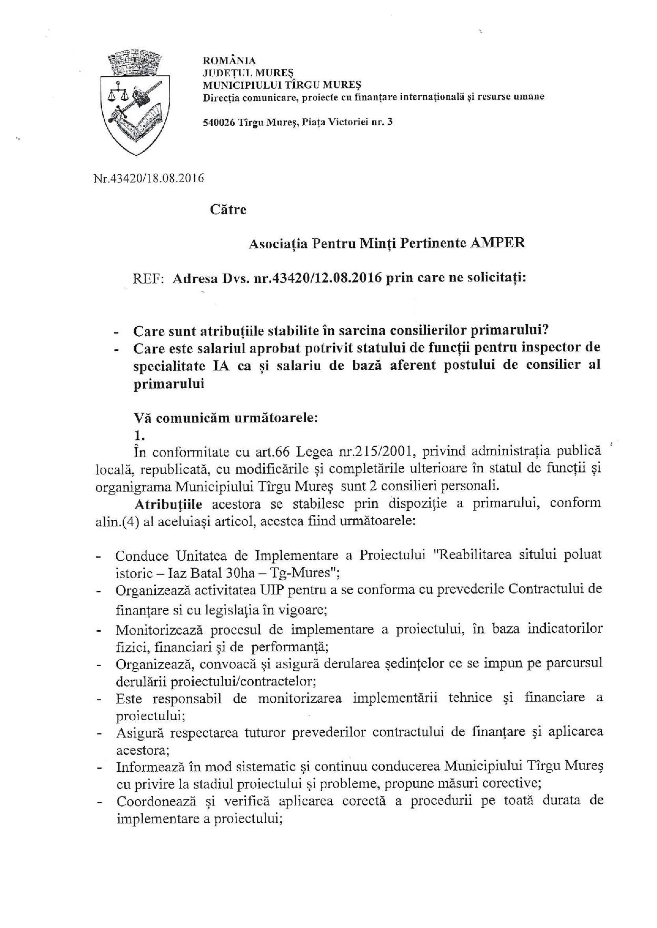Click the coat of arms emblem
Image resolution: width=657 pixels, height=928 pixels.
click(x=133, y=100)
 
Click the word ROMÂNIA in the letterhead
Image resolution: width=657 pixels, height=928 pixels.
click(x=229, y=61)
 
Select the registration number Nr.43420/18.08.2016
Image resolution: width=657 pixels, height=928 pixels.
click(x=148, y=178)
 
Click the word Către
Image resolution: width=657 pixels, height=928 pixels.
click(x=228, y=210)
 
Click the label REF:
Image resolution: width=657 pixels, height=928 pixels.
click(x=148, y=278)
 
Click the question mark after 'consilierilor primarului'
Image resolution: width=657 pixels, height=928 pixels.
click(x=546, y=331)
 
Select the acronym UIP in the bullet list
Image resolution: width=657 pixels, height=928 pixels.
click(x=273, y=589)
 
